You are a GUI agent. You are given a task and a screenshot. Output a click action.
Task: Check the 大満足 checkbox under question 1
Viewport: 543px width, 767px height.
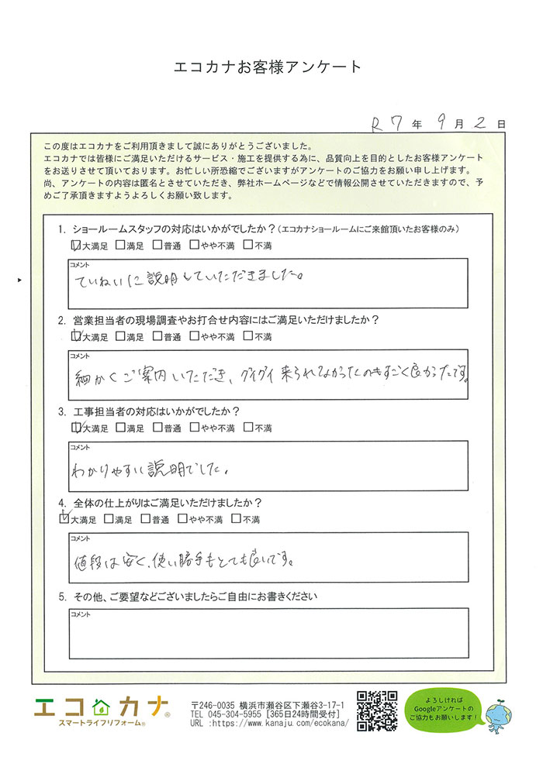(75, 246)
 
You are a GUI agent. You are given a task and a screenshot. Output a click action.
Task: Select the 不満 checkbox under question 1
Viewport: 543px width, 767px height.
(248, 246)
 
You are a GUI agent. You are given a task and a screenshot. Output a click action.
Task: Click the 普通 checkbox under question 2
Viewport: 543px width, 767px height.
(157, 336)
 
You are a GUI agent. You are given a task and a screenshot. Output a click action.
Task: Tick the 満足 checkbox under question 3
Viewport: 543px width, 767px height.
(119, 427)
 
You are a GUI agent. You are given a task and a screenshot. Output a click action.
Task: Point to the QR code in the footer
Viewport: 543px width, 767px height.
(376, 710)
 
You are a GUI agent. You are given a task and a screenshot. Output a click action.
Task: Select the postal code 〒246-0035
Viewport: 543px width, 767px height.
(212, 702)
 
